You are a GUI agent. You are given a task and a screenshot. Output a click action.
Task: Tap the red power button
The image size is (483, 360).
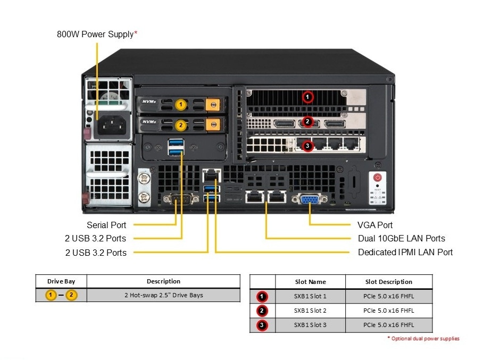[x=378, y=178]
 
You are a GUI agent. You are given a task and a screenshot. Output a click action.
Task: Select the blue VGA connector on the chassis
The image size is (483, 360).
[x=310, y=199]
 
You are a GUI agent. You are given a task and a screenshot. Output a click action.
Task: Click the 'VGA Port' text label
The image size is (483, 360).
[x=375, y=225]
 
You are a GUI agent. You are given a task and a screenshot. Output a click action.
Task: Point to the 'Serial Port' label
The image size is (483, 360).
[x=106, y=225]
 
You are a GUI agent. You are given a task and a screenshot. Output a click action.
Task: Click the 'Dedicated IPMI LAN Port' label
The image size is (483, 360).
[x=405, y=252]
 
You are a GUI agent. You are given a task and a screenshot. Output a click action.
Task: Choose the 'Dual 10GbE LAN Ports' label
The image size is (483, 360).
[x=402, y=239]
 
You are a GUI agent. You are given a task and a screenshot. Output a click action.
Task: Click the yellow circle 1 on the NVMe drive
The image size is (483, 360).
[x=181, y=105]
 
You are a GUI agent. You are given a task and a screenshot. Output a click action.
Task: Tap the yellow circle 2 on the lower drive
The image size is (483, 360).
[x=181, y=125]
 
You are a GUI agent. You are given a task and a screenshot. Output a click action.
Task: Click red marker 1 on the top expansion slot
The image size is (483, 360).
[x=307, y=97]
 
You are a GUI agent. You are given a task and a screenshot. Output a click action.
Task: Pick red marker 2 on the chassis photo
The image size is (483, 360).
[x=307, y=122]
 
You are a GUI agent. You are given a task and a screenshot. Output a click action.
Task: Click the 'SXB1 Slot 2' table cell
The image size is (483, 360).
[x=310, y=311]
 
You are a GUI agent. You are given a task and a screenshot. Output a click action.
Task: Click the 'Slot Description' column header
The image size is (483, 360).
[x=388, y=282]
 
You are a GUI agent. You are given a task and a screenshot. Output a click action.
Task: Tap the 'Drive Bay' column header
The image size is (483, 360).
[x=61, y=281]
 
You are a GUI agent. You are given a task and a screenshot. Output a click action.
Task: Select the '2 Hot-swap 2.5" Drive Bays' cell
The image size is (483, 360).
[x=163, y=295]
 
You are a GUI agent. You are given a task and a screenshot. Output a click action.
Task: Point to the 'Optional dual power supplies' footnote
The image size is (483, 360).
[x=424, y=339]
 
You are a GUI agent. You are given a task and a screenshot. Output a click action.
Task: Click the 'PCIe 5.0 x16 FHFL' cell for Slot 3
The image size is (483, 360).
[x=388, y=325]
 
